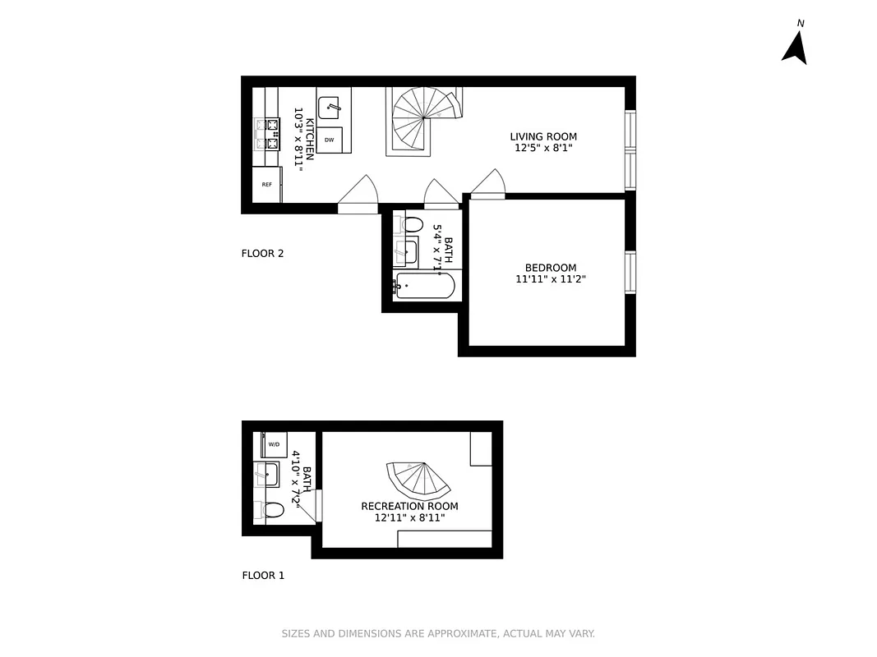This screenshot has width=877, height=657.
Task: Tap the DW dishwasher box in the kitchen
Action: coord(330,140)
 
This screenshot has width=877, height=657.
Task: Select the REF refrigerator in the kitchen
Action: coord(267,184)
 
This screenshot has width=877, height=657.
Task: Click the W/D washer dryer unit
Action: coord(274,444)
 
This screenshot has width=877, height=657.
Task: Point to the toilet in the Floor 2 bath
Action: coord(412,224)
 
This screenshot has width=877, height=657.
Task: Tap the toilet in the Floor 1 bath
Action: coord(273,510)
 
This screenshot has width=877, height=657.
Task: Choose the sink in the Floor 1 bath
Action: coord(267,474)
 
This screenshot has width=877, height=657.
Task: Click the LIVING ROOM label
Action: coord(543,136)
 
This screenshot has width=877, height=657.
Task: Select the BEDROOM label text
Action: coord(551,267)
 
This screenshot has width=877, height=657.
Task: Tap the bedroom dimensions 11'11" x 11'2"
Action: coord(551,279)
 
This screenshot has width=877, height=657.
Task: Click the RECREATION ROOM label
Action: coord(409,506)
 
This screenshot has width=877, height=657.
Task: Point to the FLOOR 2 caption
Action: coord(262,253)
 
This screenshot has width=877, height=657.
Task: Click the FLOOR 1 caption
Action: coord(263,575)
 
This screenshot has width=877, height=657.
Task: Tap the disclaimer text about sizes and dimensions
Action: coord(438,633)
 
